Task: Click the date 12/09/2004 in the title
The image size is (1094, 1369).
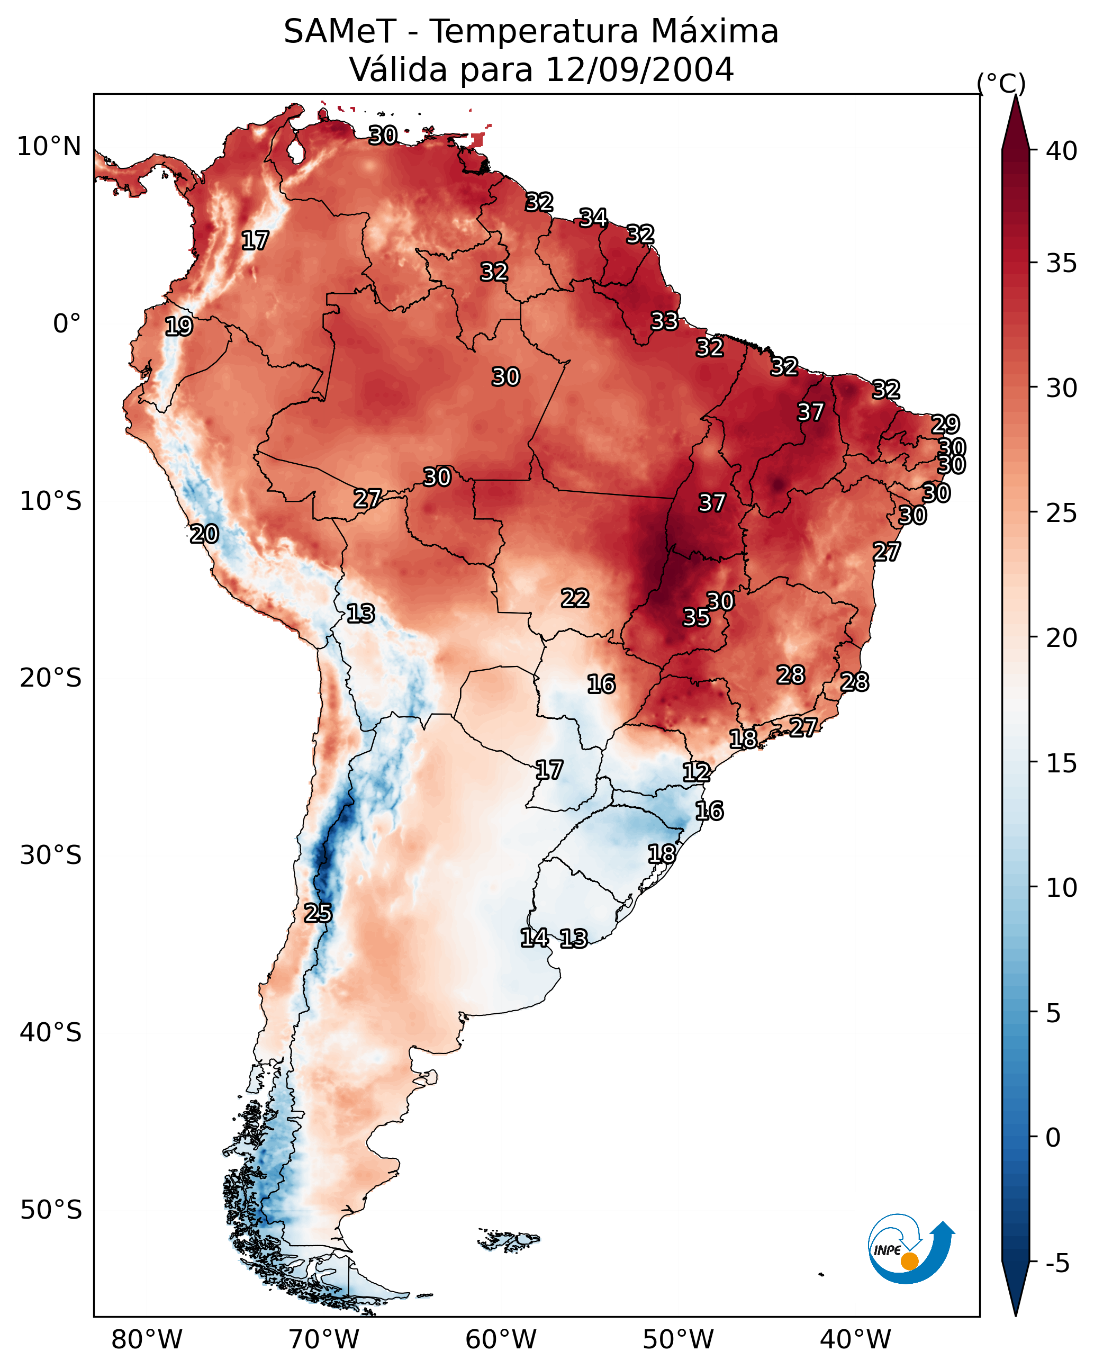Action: pyautogui.click(x=639, y=70)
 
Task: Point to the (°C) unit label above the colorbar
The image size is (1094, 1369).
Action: pyautogui.click(x=1001, y=83)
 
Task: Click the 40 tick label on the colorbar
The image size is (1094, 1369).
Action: pyautogui.click(x=1061, y=151)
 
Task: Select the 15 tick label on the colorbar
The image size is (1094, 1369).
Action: pyautogui.click(x=1061, y=763)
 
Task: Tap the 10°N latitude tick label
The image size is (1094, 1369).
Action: pyautogui.click(x=49, y=147)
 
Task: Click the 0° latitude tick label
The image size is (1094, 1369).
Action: pyautogui.click(x=67, y=324)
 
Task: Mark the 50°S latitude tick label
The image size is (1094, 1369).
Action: pyautogui.click(x=51, y=1210)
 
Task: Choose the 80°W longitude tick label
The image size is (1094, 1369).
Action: pyautogui.click(x=147, y=1340)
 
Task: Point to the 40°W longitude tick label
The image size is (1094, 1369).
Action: pyautogui.click(x=855, y=1340)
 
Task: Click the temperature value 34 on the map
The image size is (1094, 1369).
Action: pyautogui.click(x=593, y=218)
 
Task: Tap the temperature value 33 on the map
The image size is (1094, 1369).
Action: pyautogui.click(x=664, y=321)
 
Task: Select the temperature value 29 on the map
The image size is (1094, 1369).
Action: pyautogui.click(x=945, y=424)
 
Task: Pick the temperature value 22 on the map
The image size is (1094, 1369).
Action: pyautogui.click(x=575, y=598)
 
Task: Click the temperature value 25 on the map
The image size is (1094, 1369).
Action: pyautogui.click(x=318, y=913)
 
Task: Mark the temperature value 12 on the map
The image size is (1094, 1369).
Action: pyautogui.click(x=696, y=772)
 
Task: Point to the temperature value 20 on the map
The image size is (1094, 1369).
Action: pyautogui.click(x=204, y=534)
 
